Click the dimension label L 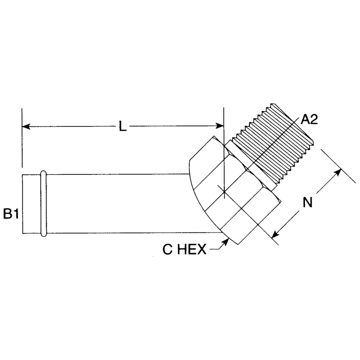click(x=122, y=127)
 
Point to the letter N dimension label click(x=307, y=203)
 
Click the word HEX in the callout click(x=191, y=250)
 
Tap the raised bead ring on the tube click(x=44, y=204)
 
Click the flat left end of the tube click(x=23, y=205)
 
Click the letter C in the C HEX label click(x=167, y=250)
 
